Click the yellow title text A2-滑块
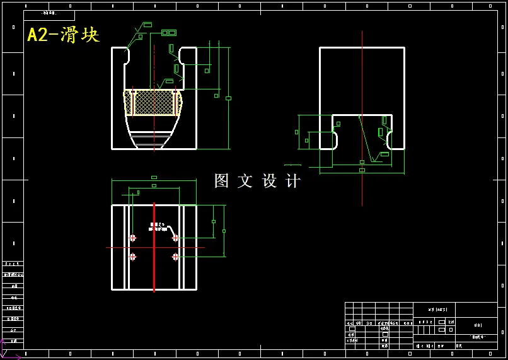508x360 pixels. coord(63,34)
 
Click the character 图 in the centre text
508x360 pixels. coord(221,181)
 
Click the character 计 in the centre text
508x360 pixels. coord(293,181)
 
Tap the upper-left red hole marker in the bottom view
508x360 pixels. coord(132,238)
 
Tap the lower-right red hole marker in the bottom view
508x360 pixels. coord(175,257)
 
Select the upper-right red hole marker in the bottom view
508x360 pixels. coord(175,238)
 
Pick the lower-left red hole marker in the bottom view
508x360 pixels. coord(132,257)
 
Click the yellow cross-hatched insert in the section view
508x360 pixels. coord(154,102)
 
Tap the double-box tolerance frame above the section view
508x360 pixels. coord(169,33)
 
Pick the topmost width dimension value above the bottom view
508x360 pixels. coord(154,178)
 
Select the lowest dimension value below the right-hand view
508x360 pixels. coord(362,170)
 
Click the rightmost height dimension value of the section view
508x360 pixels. coord(228,98)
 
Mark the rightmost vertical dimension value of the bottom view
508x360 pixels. coord(224,231)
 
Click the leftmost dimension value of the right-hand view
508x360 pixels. coord(297,132)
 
